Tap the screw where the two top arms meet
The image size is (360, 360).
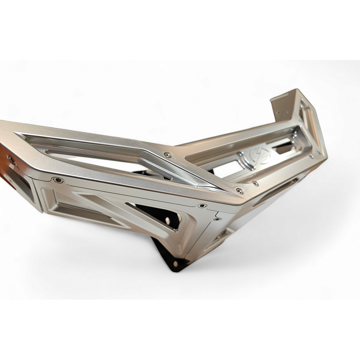(x=168, y=155)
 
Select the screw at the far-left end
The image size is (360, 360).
(x=11, y=159)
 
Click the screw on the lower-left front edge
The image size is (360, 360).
(x=57, y=180)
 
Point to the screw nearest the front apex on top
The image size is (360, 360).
(x=239, y=191)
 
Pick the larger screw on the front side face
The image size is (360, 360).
(x=202, y=206)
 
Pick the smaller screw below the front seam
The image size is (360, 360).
(x=217, y=219)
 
